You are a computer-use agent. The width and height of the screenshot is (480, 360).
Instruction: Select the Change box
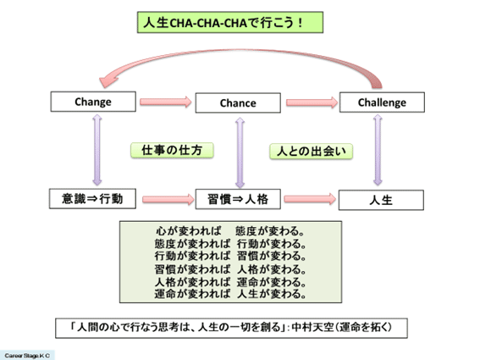click(93, 102)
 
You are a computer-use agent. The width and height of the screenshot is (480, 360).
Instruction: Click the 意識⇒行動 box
click(93, 200)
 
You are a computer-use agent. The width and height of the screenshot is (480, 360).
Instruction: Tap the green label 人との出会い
click(311, 152)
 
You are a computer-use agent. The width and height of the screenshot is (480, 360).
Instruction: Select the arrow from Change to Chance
click(165, 102)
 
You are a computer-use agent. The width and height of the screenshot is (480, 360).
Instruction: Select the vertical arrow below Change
click(93, 151)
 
